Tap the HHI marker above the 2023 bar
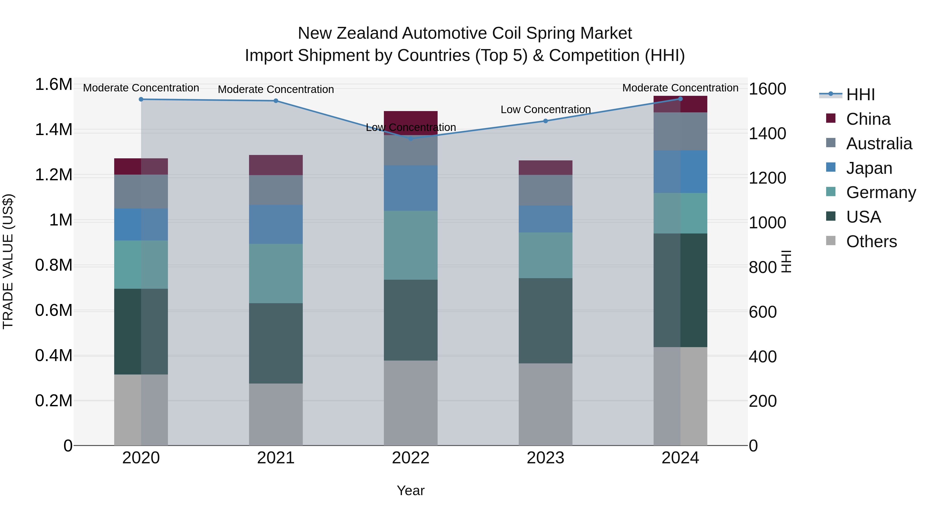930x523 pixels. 546,121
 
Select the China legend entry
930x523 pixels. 868,119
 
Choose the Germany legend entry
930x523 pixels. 881,192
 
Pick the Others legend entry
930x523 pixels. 871,241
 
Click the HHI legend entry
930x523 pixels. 860,95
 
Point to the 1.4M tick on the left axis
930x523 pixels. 53,130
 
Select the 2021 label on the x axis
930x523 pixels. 276,458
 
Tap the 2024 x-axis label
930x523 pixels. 680,458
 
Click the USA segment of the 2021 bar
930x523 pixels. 276,343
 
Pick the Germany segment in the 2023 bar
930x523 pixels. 546,255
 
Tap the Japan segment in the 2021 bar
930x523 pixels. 276,224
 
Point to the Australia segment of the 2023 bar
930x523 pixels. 546,190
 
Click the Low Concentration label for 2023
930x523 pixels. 546,109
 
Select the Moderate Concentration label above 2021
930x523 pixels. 276,89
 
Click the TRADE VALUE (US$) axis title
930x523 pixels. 8,261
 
